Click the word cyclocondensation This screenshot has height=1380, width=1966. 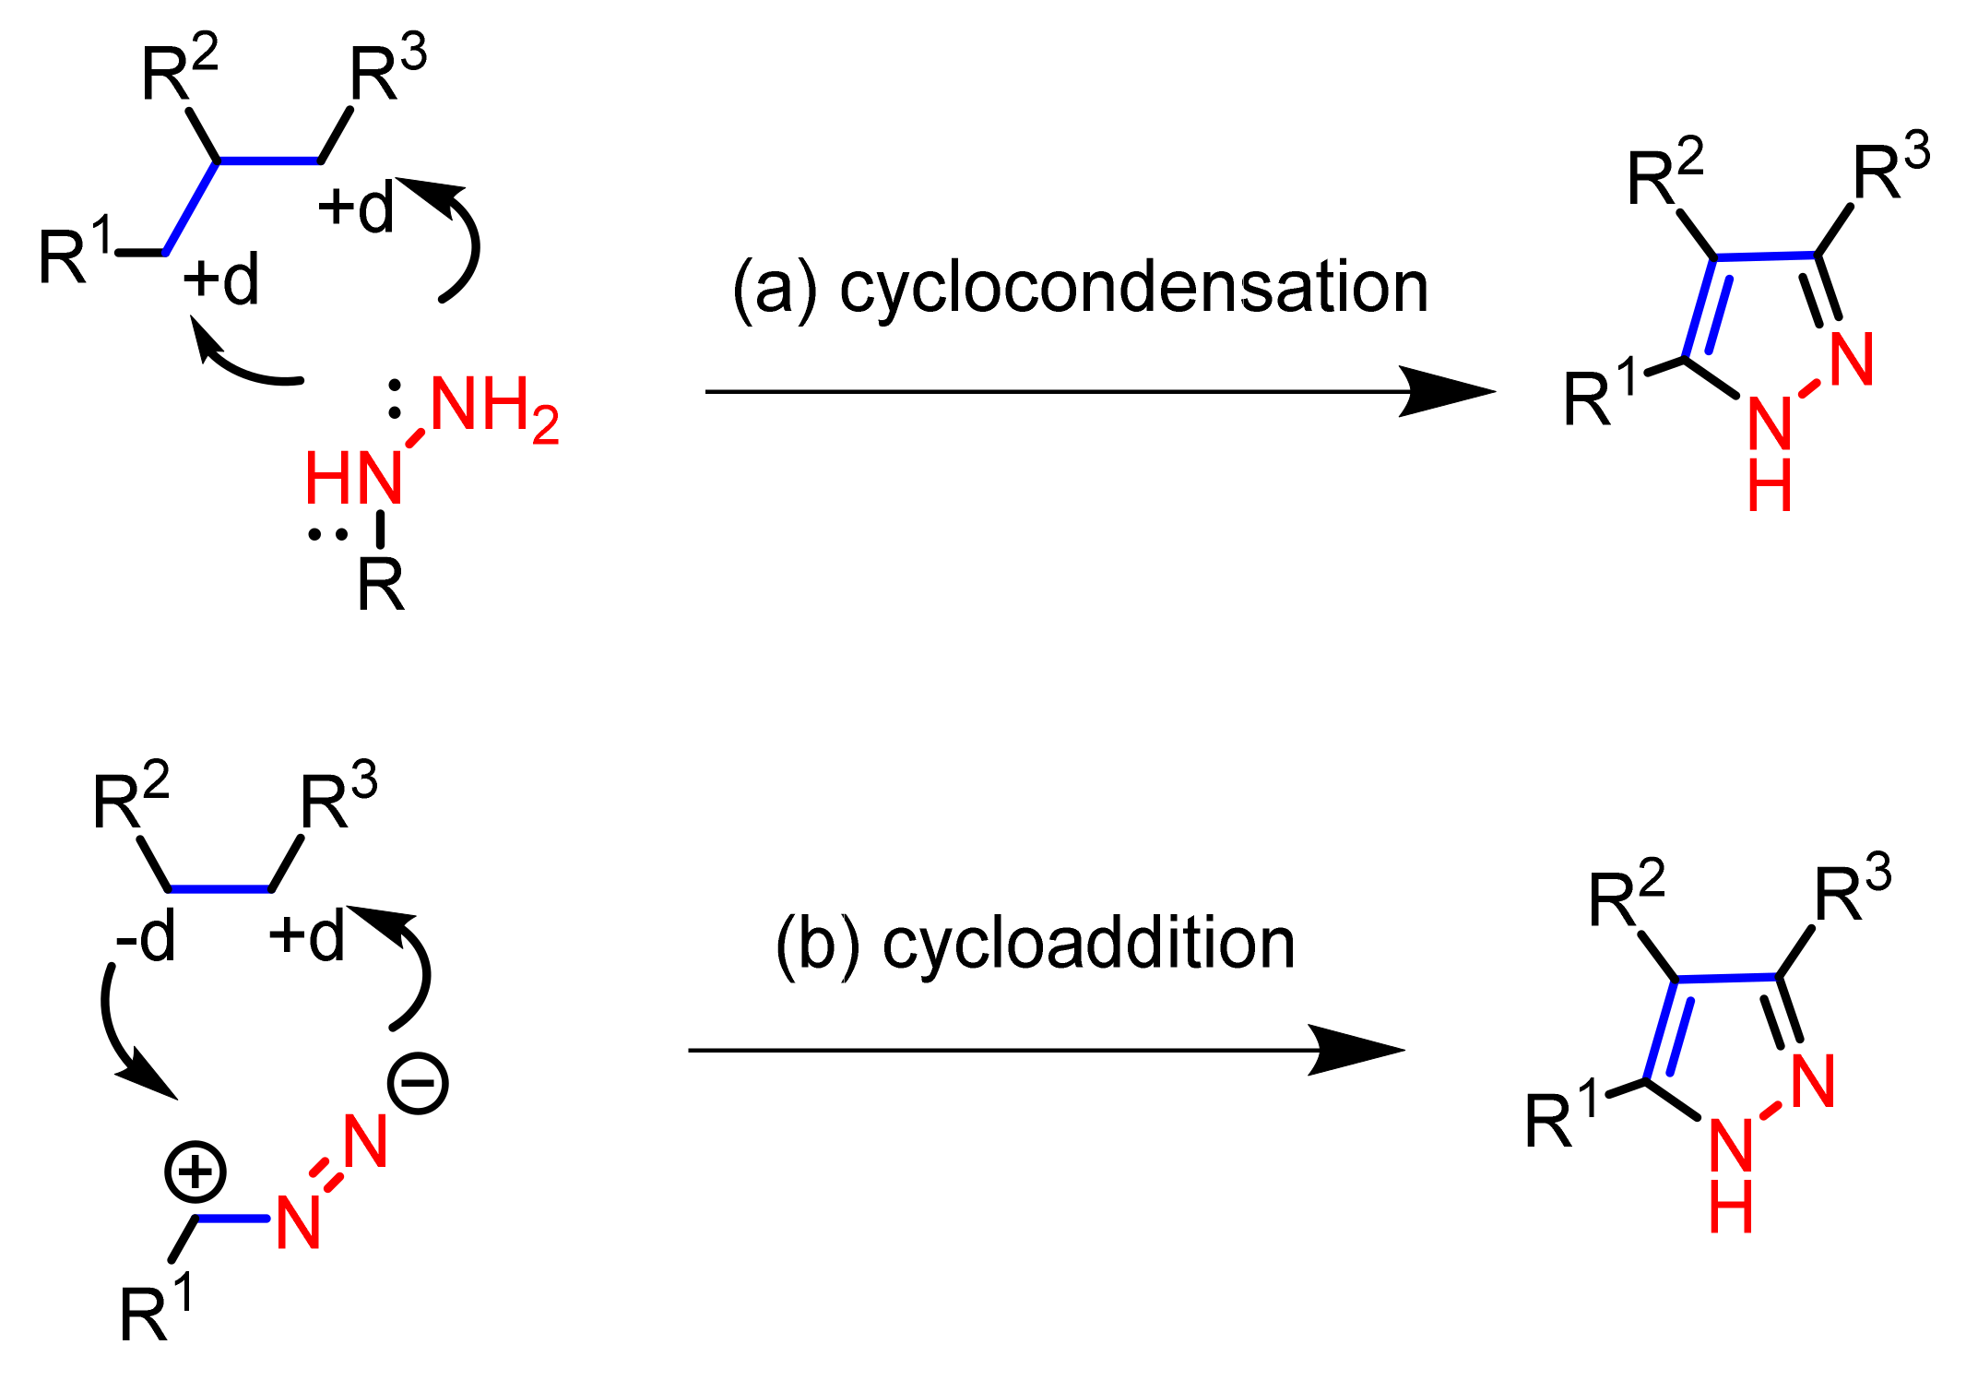click(x=1133, y=288)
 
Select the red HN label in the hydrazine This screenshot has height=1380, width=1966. click(x=353, y=479)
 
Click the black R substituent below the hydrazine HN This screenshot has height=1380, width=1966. click(x=381, y=585)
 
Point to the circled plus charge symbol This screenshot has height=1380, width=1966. click(x=195, y=1172)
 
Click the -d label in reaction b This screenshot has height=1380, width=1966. click(x=145, y=939)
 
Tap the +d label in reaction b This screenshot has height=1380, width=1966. click(x=306, y=936)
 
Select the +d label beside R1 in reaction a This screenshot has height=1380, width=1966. click(x=221, y=280)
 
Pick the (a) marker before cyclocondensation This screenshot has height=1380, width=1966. click(x=775, y=290)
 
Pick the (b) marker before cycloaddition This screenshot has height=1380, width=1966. click(x=818, y=946)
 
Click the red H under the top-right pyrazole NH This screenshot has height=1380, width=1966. click(x=1770, y=486)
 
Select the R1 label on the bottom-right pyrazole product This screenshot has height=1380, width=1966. click(x=1560, y=1117)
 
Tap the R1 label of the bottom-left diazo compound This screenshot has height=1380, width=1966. click(x=156, y=1311)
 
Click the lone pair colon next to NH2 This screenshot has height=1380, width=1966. click(x=395, y=399)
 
